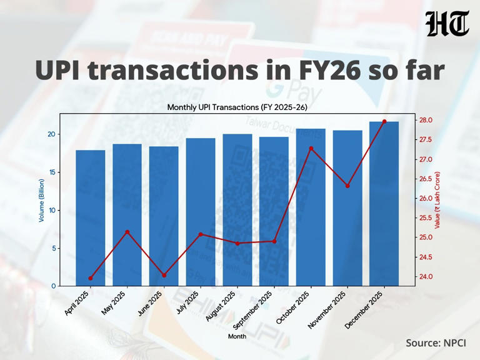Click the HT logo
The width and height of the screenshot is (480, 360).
tap(447, 24)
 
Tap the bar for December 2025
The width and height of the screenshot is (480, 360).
tap(384, 203)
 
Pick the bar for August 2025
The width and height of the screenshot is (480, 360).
tap(237, 209)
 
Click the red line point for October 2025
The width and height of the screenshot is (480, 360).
tap(311, 148)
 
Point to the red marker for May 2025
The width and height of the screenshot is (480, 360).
tap(127, 232)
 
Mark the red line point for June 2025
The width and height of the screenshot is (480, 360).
tap(164, 275)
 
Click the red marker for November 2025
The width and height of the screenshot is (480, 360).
tap(347, 186)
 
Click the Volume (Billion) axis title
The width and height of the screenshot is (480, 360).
tap(42, 200)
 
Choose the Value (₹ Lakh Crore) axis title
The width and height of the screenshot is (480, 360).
tap(437, 200)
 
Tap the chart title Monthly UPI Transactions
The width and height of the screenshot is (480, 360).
tap(237, 107)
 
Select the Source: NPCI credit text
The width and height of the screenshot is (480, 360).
tap(436, 342)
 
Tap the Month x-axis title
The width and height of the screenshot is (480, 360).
tap(237, 336)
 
